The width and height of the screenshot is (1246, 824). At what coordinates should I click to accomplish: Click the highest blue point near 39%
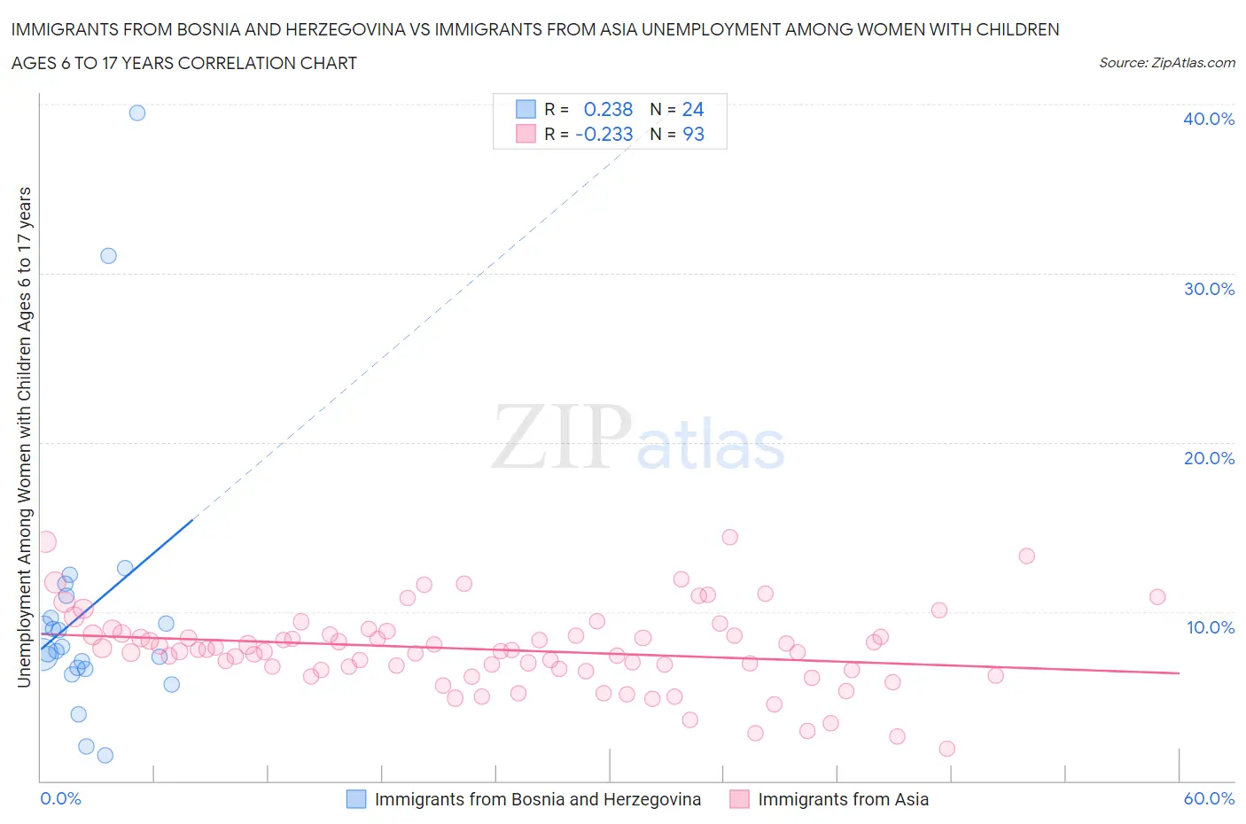(x=137, y=113)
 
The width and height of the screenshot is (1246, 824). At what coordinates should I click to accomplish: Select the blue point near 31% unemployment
(x=108, y=255)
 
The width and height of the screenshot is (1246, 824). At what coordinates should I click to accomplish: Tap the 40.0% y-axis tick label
(x=1208, y=119)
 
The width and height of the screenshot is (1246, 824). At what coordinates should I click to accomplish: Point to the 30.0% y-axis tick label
(x=1208, y=289)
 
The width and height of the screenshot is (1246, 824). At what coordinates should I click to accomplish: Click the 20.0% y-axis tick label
(x=1208, y=458)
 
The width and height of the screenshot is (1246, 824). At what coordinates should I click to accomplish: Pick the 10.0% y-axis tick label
(x=1210, y=627)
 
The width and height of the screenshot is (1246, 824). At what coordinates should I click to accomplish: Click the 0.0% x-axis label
(x=60, y=798)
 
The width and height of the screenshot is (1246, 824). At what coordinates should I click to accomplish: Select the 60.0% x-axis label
(x=1208, y=798)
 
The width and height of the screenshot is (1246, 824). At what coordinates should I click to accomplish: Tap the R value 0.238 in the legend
(x=608, y=109)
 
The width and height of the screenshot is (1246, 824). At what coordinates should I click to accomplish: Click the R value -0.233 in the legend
(x=604, y=134)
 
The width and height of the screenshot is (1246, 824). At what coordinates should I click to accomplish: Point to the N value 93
(x=693, y=134)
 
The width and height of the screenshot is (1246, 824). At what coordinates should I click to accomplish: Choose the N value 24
(x=693, y=109)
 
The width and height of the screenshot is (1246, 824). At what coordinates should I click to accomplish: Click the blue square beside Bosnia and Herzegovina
(x=355, y=799)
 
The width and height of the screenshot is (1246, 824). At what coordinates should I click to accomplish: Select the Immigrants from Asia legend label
(x=843, y=799)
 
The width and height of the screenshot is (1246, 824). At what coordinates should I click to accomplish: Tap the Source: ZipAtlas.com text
(x=1166, y=63)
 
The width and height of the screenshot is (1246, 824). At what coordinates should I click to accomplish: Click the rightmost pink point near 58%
(x=1157, y=596)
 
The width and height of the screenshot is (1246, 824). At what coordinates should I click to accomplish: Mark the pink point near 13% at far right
(x=1026, y=556)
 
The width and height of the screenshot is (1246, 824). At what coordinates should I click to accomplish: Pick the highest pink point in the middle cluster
(x=729, y=536)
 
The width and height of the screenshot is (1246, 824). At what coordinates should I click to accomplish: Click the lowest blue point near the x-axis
(x=105, y=755)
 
